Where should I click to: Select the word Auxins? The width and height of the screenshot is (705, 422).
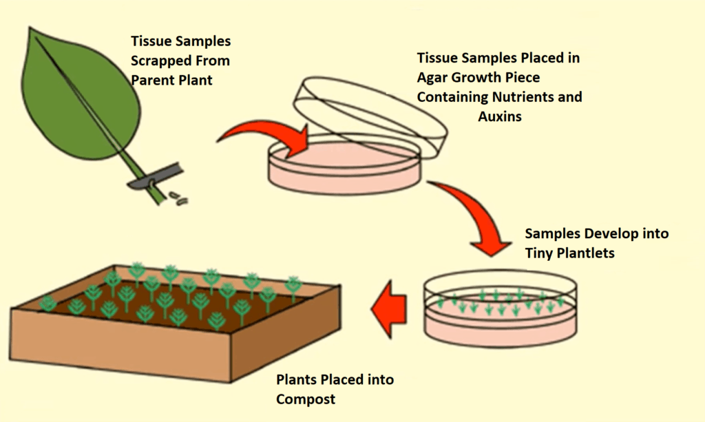tap(500, 116)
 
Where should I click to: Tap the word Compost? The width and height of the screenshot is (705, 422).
tap(307, 399)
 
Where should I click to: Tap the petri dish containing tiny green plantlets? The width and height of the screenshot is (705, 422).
tap(499, 310)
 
